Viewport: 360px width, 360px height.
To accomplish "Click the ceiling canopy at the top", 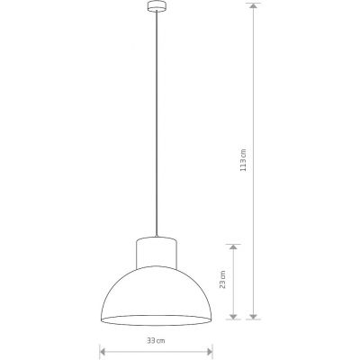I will click(x=155, y=10).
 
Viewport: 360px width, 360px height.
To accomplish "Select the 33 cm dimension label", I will click(x=156, y=341).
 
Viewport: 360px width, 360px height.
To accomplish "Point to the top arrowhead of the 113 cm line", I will click(x=255, y=8).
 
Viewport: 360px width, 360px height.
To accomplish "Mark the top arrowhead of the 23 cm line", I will click(x=234, y=247).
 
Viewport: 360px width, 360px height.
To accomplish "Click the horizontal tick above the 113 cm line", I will click(x=255, y=4).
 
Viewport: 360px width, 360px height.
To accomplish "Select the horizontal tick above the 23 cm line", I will click(x=234, y=243).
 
